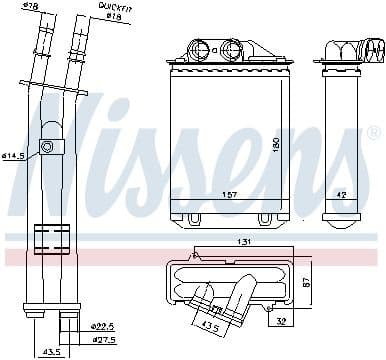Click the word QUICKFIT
(x=116, y=7)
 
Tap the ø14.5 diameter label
(x=14, y=156)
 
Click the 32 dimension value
(x=283, y=321)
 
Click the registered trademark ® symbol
(x=372, y=132)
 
